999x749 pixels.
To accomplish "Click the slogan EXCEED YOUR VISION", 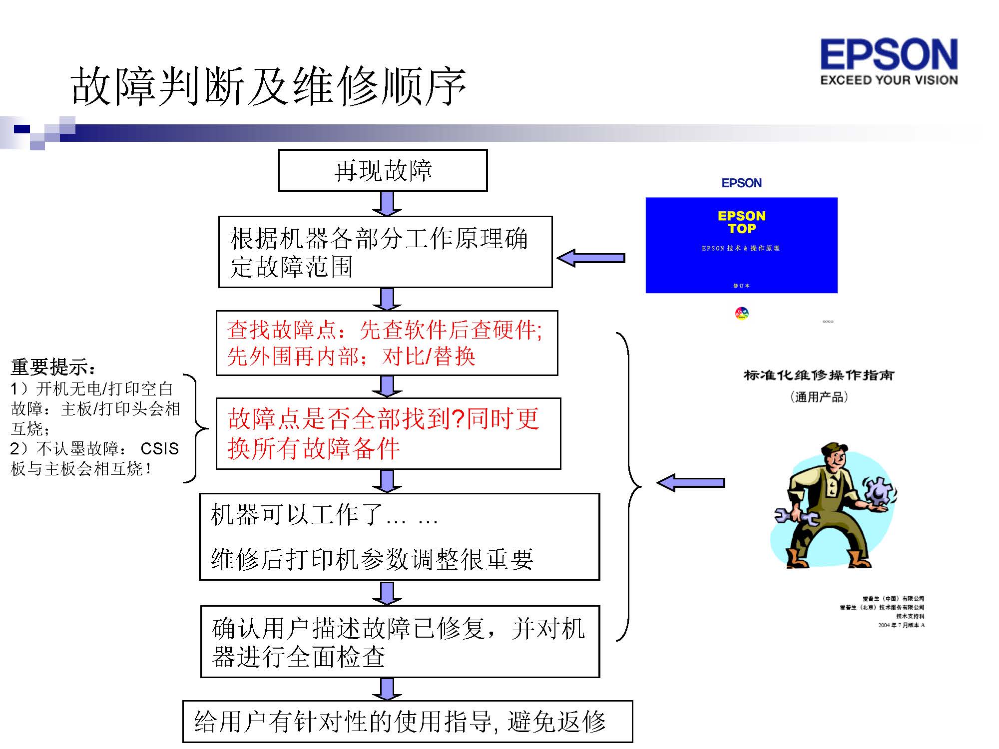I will point(889,80).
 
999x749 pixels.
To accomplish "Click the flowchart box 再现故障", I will point(383,170).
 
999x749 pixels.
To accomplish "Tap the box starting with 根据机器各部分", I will point(385,252).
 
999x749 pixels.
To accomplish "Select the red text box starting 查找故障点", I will point(387,343).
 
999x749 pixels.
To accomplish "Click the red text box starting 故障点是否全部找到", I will point(388,433).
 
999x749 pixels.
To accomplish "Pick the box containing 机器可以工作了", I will point(399,537).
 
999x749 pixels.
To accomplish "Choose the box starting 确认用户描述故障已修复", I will point(400,642).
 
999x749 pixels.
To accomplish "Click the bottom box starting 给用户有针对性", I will point(407,722).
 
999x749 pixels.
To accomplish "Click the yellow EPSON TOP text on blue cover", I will point(741,222).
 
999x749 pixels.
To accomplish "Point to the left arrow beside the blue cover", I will point(591,258).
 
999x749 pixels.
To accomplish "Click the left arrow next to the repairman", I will point(691,482).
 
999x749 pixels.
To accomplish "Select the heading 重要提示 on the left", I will point(52,367).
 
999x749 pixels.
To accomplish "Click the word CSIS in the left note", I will point(159,448).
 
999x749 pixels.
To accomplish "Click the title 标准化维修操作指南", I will point(819,375).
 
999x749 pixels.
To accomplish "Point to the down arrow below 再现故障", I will point(387,204).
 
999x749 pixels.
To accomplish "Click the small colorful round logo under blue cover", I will point(742,313).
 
